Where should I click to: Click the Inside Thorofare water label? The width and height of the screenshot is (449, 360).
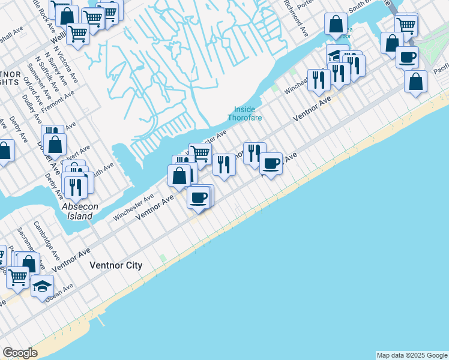(x=244, y=113)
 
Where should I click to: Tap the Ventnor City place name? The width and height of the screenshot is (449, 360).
(x=116, y=265)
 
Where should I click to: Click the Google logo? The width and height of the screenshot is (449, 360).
(x=20, y=353)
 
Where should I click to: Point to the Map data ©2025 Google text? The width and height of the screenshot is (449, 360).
(x=412, y=355)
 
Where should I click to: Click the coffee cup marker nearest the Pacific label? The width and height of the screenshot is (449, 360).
(x=407, y=57)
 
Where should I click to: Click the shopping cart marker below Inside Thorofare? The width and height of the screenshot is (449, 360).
(x=200, y=154)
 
